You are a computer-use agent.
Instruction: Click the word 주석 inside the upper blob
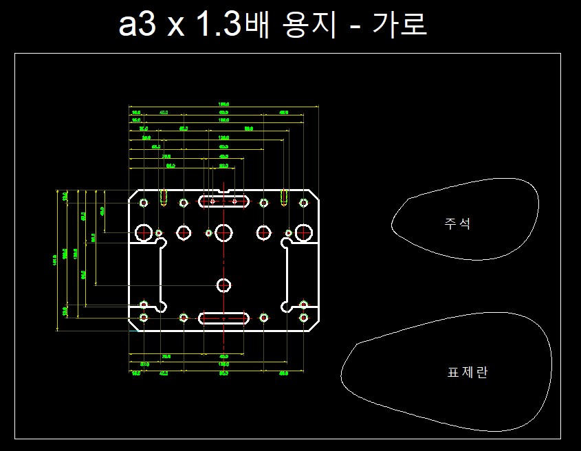(x=458, y=223)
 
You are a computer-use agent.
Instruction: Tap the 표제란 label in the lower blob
(x=468, y=373)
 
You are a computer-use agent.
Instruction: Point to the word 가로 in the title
(x=400, y=25)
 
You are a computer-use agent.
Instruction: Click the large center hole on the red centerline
(x=223, y=232)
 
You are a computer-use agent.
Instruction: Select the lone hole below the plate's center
(x=223, y=285)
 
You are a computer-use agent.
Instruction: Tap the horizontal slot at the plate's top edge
(x=223, y=201)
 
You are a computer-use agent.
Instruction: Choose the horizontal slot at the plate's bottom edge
(x=223, y=318)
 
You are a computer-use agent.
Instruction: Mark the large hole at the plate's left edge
(x=144, y=232)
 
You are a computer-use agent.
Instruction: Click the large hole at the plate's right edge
(x=303, y=232)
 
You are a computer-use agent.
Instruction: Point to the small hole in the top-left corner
(x=144, y=203)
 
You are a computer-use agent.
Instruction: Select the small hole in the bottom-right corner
(x=303, y=317)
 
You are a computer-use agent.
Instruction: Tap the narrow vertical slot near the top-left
(x=163, y=197)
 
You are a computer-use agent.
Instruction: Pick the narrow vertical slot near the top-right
(x=284, y=197)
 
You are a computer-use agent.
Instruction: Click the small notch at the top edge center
(x=223, y=191)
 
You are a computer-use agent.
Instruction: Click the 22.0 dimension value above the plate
(x=223, y=166)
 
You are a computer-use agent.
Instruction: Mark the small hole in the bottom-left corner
(x=144, y=317)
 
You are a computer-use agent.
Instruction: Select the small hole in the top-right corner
(x=303, y=203)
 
